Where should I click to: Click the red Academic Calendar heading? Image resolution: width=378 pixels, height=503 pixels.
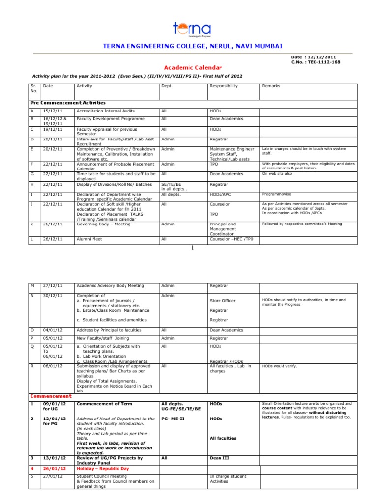click(x=192, y=67)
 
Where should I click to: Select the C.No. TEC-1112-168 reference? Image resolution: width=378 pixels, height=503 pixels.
click(x=315, y=62)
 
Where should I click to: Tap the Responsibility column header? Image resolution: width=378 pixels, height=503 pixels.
click(x=223, y=86)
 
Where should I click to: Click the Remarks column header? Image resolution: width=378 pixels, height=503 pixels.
click(x=271, y=86)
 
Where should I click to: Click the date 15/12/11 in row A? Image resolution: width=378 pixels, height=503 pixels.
click(x=52, y=111)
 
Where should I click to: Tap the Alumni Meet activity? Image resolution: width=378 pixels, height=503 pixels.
click(x=89, y=239)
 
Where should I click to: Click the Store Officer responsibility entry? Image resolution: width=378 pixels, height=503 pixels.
click(x=222, y=301)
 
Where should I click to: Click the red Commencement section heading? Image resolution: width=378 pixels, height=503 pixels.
click(x=51, y=396)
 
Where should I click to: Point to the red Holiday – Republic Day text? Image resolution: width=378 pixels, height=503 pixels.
click(x=103, y=469)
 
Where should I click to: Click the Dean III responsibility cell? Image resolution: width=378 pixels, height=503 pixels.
click(x=220, y=458)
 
